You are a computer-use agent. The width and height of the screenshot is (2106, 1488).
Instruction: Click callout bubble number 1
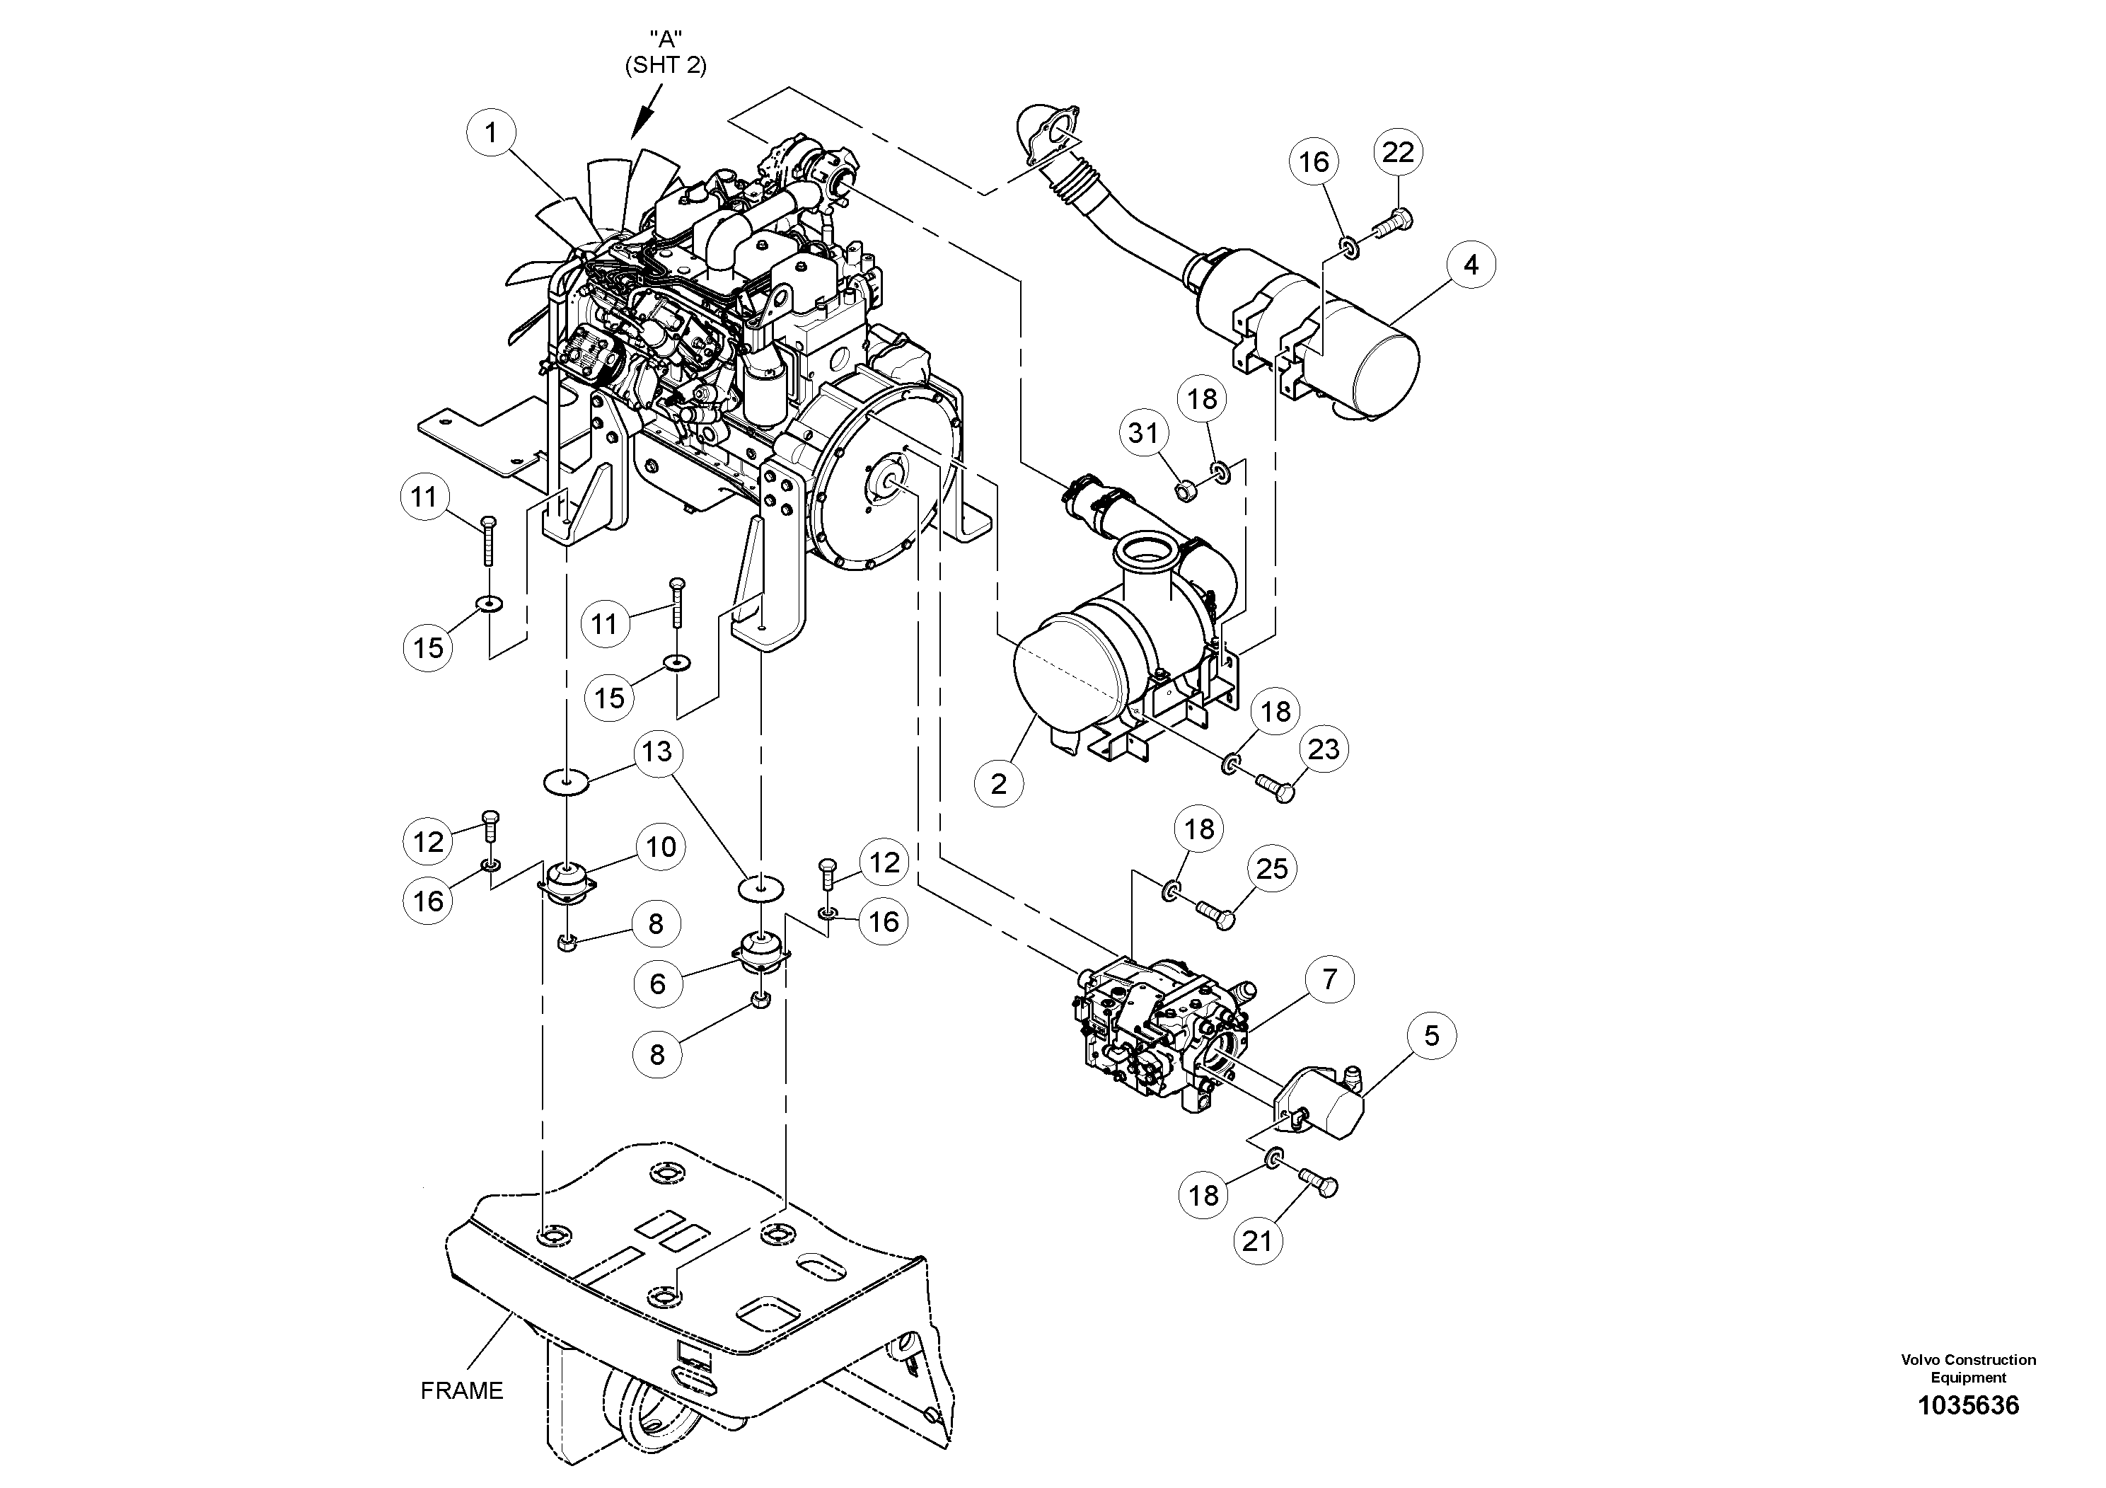click(x=491, y=134)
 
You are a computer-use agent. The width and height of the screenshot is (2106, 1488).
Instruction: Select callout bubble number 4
click(x=1471, y=265)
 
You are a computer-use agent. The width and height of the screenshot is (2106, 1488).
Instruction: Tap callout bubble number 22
click(x=1398, y=152)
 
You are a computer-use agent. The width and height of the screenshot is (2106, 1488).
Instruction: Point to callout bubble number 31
click(x=1143, y=432)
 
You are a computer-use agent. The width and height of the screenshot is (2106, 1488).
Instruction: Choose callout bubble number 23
click(x=1324, y=749)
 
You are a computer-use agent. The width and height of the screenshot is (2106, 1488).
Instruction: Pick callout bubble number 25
click(x=1272, y=868)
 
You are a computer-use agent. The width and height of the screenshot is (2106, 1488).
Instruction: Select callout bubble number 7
click(x=1329, y=980)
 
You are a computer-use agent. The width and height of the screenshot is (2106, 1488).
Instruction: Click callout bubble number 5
click(x=1432, y=1036)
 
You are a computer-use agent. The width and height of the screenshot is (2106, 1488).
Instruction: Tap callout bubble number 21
click(x=1258, y=1241)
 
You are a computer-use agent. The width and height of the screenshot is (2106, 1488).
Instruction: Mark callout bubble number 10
click(x=661, y=847)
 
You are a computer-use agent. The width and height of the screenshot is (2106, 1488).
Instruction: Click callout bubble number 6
click(x=658, y=984)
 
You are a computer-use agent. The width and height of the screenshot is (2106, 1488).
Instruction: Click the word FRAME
click(x=461, y=1391)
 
